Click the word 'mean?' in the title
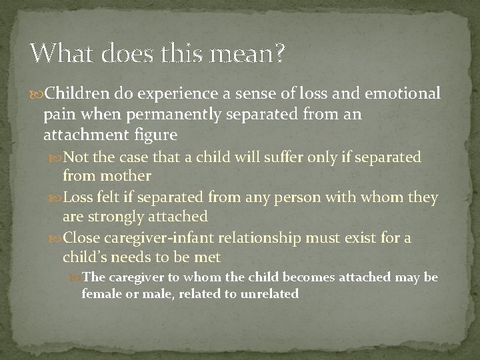(x=249, y=55)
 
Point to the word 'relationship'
(x=261, y=237)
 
